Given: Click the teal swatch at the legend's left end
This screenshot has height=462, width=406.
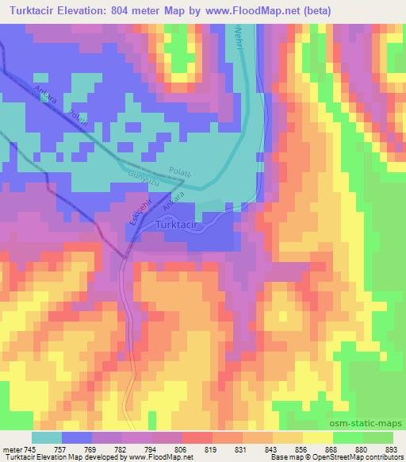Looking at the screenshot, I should (47, 437).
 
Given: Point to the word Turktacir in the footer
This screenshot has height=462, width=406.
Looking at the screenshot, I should (17, 457).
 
